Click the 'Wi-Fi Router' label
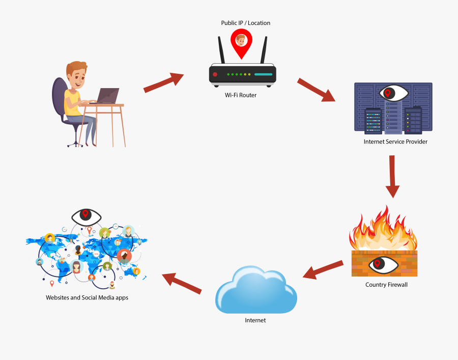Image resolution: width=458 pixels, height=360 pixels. pyautogui.click(x=241, y=95)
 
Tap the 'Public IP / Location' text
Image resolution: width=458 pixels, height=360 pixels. pyautogui.click(x=245, y=23)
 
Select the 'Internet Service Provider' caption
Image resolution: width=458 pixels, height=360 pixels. pyautogui.click(x=395, y=142)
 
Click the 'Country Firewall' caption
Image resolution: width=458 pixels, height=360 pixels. pyautogui.click(x=386, y=285)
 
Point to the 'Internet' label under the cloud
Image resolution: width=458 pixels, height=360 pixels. pyautogui.click(x=255, y=320)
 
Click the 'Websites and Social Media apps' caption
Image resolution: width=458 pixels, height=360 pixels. pyautogui.click(x=87, y=297)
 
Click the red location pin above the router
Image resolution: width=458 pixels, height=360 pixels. pyautogui.click(x=241, y=42)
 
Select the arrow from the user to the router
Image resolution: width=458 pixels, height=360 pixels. pyautogui.click(x=163, y=82)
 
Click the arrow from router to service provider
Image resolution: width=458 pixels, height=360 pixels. pyautogui.click(x=316, y=90)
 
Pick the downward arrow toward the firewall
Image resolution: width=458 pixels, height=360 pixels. pyautogui.click(x=392, y=176)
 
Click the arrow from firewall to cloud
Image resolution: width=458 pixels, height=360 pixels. pyautogui.click(x=323, y=269)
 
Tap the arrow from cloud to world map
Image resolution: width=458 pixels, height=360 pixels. pyautogui.click(x=182, y=283)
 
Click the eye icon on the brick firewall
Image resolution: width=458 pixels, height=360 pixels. pyautogui.click(x=384, y=264)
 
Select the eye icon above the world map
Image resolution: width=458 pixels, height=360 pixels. pyautogui.click(x=87, y=216)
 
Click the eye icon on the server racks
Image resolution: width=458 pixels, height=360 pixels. pyautogui.click(x=393, y=93)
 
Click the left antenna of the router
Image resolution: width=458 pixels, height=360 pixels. pyautogui.click(x=221, y=51)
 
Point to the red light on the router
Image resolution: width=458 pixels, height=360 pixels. pyautogui.click(x=215, y=74)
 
